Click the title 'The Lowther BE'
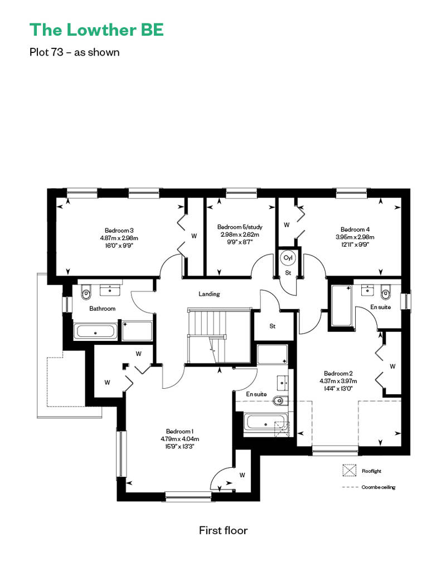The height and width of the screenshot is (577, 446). click(96, 30)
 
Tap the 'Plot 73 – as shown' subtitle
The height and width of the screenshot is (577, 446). click(74, 52)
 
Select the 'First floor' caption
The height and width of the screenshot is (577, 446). click(223, 530)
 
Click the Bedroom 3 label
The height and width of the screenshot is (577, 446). click(119, 231)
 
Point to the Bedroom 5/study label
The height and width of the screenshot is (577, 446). click(240, 227)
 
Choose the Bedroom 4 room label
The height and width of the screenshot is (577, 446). click(355, 229)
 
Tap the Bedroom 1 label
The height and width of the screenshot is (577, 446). click(180, 431)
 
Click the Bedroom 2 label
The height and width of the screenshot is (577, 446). click(338, 374)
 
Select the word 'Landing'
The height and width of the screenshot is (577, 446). click(209, 294)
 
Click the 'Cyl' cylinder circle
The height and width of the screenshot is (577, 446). click(288, 257)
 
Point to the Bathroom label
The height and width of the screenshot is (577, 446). click(103, 309)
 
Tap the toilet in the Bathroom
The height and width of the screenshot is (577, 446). click(86, 291)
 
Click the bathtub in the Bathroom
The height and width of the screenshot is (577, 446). click(96, 331)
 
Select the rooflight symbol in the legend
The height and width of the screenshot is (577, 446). click(350, 470)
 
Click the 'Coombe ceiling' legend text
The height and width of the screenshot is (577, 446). click(378, 487)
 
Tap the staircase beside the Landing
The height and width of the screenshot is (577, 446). click(219, 335)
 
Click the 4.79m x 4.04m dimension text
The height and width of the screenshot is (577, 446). click(180, 439)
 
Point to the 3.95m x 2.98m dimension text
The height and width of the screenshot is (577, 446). click(355, 237)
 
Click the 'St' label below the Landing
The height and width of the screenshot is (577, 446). click(273, 326)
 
